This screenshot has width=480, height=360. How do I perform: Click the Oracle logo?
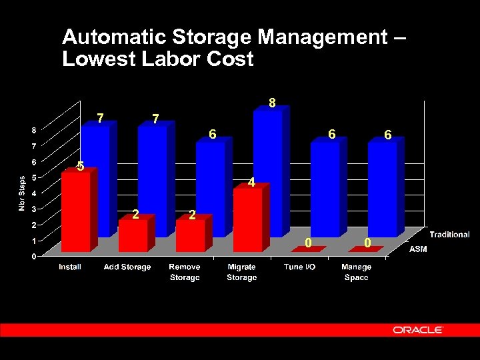(x=418, y=330)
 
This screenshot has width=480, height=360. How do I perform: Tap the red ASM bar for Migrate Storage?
(x=247, y=220)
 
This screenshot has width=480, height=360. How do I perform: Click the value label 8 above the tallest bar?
(x=272, y=103)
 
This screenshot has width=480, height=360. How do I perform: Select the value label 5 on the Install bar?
(x=80, y=166)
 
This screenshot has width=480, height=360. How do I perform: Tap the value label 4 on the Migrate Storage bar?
(x=251, y=182)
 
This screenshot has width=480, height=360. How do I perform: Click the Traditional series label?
(x=449, y=235)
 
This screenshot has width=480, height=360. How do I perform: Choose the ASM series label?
(x=417, y=249)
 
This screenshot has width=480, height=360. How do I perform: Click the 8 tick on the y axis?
(x=34, y=129)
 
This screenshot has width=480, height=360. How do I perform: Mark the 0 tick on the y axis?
(x=34, y=256)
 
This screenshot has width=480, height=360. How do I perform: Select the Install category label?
(x=70, y=267)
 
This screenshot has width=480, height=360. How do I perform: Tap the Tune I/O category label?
(x=299, y=267)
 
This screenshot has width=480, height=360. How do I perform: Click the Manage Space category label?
(x=356, y=272)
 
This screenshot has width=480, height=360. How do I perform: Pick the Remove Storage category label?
(x=184, y=272)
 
